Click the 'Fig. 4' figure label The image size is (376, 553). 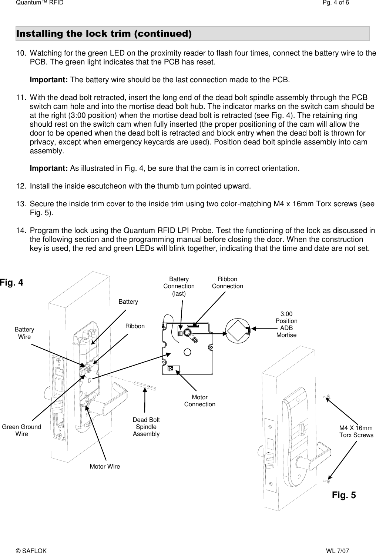(12, 283)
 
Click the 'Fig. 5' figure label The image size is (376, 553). (344, 495)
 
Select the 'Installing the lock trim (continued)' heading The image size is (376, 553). (104, 34)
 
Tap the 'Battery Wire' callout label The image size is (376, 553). (24, 333)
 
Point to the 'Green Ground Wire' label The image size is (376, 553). (22, 430)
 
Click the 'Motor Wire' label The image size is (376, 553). (105, 466)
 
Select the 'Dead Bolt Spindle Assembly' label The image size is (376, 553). (146, 427)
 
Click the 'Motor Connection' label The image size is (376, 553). (199, 401)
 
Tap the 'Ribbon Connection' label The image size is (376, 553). (227, 283)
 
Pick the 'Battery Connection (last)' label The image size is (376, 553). (179, 286)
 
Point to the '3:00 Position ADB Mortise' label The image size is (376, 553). (286, 324)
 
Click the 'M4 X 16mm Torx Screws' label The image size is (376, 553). (356, 431)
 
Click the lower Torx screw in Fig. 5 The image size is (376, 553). (326, 481)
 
